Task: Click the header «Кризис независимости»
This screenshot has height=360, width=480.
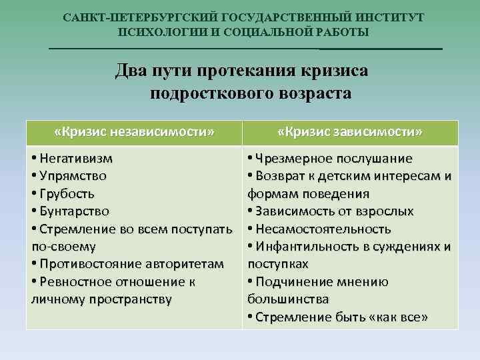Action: coord(134,132)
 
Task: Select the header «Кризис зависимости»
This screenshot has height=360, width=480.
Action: coord(349,132)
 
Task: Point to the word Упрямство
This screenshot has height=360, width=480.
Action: coord(73,177)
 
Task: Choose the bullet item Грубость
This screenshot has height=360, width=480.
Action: coord(67,194)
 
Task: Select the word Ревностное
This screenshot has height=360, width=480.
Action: coord(77,281)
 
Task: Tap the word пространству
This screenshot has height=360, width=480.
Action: coord(131,299)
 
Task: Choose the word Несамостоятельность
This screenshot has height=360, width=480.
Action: coord(322,229)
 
